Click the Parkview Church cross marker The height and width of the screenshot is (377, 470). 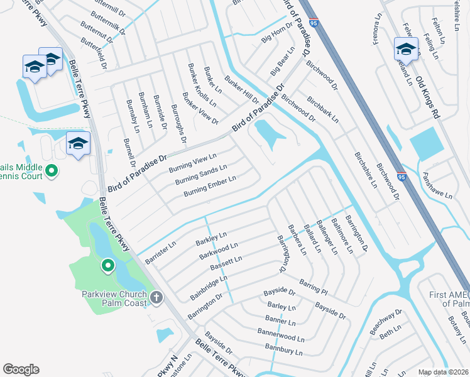tap(156, 297)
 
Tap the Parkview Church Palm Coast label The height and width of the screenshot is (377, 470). tap(114, 298)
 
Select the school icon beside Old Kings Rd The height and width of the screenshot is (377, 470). tap(405, 50)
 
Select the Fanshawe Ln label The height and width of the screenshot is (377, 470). tap(437, 187)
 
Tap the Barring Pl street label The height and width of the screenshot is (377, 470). tap(314, 287)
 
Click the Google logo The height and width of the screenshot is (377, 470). tap(21, 369)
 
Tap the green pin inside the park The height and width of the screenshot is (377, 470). tap(107, 266)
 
